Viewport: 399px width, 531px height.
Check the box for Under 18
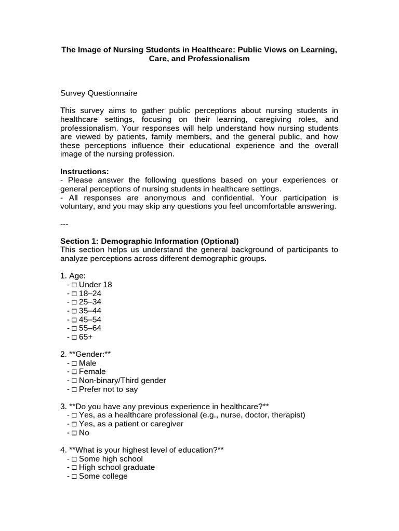click(75, 285)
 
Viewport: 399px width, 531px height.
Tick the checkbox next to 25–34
click(75, 302)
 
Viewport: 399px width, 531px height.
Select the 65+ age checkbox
click(75, 337)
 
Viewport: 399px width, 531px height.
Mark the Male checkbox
click(75, 363)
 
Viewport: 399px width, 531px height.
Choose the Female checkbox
click(75, 372)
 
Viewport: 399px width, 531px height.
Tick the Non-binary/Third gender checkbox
click(75, 381)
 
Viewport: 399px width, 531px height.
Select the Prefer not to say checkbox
click(75, 389)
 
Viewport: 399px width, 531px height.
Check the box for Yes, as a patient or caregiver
click(75, 424)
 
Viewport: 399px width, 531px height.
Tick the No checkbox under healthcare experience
click(75, 433)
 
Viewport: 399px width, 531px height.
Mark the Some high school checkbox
click(75, 459)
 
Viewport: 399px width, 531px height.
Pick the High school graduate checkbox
click(75, 467)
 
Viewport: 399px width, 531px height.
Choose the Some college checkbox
click(75, 476)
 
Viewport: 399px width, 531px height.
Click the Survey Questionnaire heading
click(99, 93)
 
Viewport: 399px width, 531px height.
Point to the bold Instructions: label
click(85, 171)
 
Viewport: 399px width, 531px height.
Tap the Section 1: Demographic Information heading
click(149, 241)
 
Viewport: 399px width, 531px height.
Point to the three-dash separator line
click(64, 224)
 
